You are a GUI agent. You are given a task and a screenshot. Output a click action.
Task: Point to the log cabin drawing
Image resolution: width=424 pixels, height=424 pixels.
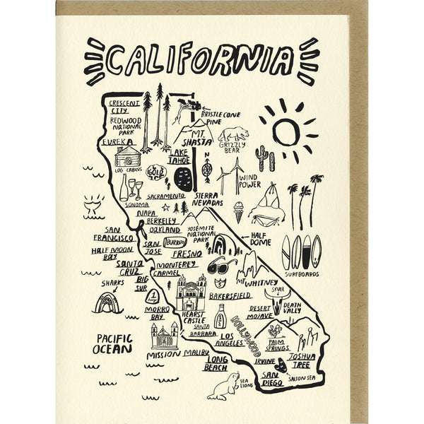coord(127,156)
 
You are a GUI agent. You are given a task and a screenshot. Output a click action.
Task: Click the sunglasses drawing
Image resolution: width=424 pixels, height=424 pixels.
coord(221,267)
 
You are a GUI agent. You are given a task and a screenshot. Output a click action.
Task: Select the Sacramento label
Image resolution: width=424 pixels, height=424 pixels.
coord(167,196)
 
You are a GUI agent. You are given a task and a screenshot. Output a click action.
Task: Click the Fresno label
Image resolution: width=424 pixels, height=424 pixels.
coord(187,253)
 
